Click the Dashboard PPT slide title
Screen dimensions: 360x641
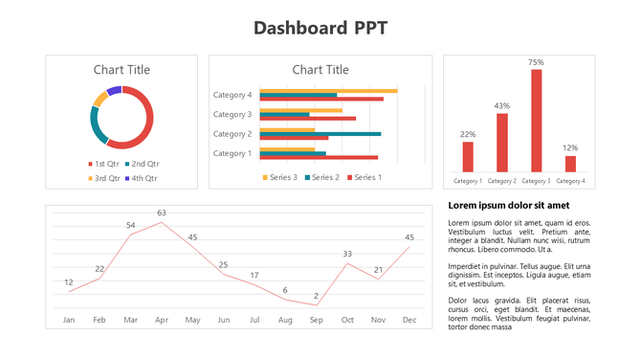pos(320,27)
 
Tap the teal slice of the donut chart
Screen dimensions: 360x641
pos(94,125)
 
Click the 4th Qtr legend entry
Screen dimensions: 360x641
pos(140,178)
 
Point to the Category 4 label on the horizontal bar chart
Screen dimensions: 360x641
pos(232,95)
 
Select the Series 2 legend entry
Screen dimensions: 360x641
pos(320,177)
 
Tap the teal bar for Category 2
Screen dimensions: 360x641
pos(320,134)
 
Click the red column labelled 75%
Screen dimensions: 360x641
pos(536,120)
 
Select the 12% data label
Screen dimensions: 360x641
pos(570,147)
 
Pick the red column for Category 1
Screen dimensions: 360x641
pos(468,156)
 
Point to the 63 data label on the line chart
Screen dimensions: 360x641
pos(162,213)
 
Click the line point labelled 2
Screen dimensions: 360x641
pos(316,305)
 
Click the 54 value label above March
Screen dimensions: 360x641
pos(131,225)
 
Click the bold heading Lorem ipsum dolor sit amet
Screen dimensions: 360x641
pos(508,206)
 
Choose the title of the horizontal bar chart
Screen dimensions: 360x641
pos(320,69)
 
